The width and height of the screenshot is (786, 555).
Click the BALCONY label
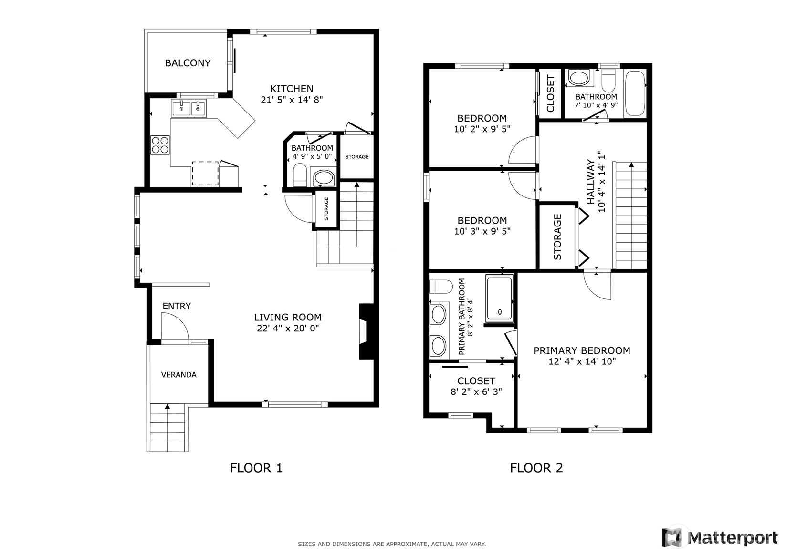(188, 63)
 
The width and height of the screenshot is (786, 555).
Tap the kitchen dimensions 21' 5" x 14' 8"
(292, 100)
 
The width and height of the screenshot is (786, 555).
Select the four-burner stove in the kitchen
(160, 145)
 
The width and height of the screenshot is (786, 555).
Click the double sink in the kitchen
(189, 108)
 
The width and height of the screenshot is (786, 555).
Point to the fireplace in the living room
(366, 331)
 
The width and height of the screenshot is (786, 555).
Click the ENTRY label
(177, 306)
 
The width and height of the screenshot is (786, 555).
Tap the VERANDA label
(178, 375)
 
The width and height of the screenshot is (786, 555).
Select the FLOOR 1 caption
(256, 468)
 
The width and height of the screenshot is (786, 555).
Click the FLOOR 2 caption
(536, 468)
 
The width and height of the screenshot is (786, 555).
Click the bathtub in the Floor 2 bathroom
(636, 93)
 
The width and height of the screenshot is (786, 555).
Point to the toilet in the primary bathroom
(440, 287)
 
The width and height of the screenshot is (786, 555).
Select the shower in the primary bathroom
(500, 298)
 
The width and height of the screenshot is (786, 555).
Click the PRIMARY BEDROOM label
(582, 350)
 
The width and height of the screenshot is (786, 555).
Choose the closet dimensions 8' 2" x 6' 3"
(476, 391)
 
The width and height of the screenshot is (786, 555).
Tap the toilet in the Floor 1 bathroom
(300, 174)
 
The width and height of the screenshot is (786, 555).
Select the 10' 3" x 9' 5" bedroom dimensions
(482, 231)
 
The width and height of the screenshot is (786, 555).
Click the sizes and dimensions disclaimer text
(392, 544)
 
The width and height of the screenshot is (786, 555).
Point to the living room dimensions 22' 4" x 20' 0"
(288, 329)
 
